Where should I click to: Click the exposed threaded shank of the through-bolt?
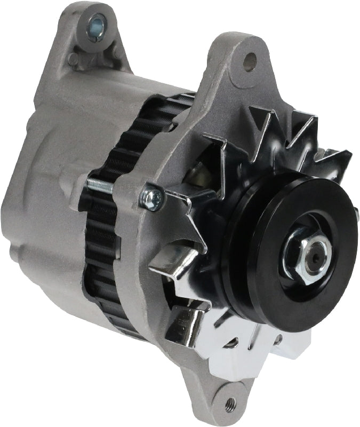coord(101,185)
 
